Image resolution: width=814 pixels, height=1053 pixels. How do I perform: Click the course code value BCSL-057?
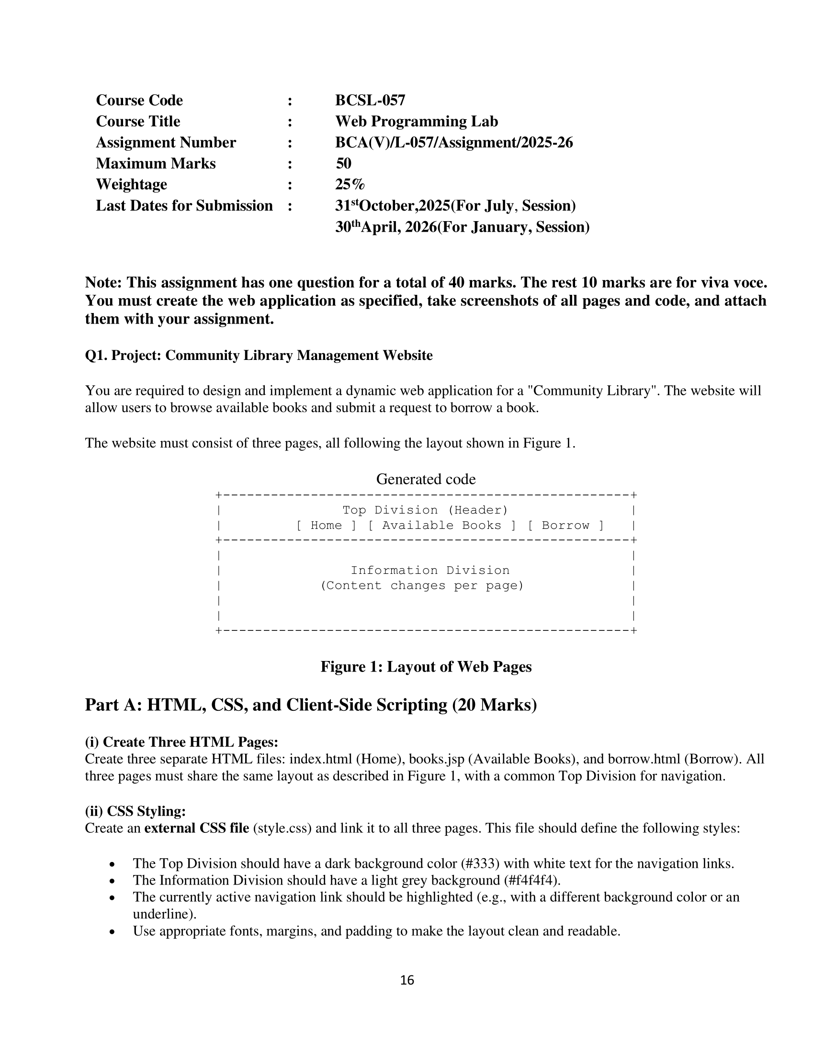(x=370, y=101)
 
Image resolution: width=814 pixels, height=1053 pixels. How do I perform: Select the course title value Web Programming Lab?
(x=416, y=122)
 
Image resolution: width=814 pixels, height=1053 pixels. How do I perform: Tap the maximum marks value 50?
(x=343, y=163)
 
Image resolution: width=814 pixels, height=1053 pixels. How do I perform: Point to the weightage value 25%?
(x=350, y=185)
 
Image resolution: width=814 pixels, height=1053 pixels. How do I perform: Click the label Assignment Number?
(x=166, y=143)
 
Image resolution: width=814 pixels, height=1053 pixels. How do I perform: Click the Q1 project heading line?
(x=259, y=355)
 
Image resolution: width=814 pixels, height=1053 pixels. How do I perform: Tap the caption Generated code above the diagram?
(x=425, y=479)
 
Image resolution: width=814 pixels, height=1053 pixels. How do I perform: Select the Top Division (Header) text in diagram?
(x=425, y=510)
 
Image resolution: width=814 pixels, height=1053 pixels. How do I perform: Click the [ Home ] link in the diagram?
(x=326, y=526)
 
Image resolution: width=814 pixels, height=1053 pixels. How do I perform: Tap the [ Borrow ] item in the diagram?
(x=565, y=526)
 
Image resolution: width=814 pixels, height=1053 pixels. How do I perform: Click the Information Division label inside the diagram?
(x=430, y=571)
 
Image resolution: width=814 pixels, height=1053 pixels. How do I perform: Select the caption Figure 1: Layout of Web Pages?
(x=426, y=667)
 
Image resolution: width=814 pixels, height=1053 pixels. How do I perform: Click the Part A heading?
(x=311, y=705)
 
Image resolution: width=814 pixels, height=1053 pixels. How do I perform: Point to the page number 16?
(x=407, y=980)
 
